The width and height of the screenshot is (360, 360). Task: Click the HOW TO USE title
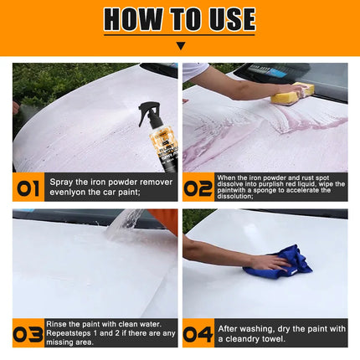pos(179,19)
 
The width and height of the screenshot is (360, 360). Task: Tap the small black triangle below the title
pos(180,46)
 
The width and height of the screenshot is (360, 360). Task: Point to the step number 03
pos(28,333)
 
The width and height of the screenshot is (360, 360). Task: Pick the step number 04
pos(198,333)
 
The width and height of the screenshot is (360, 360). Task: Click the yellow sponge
pos(292,94)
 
